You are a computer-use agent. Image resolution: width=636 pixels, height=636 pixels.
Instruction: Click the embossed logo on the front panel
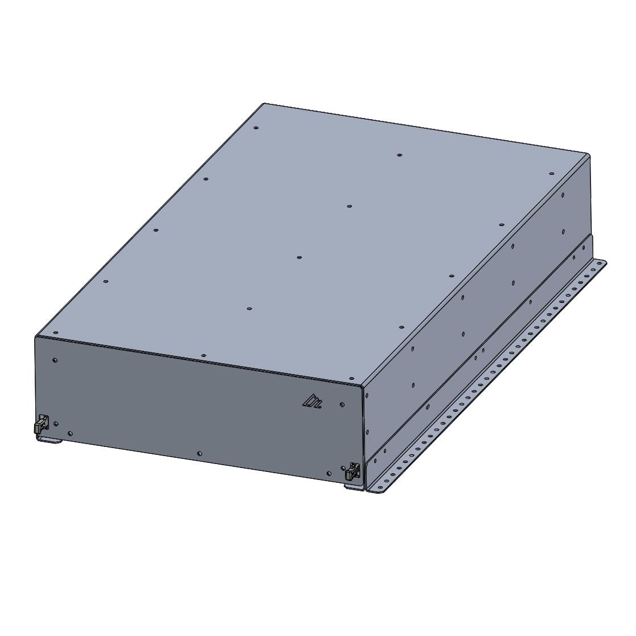click(312, 402)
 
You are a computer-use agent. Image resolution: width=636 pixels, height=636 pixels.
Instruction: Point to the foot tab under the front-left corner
click(50, 440)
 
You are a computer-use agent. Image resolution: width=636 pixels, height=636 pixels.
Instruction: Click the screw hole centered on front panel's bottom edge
click(199, 453)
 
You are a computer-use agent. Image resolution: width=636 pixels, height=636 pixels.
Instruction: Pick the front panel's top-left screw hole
click(55, 360)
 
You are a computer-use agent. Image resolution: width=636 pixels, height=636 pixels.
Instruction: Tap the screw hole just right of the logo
click(342, 405)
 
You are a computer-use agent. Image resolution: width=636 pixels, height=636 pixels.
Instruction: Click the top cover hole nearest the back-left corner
click(256, 128)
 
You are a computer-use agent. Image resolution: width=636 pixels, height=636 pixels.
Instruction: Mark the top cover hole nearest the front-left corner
click(55, 334)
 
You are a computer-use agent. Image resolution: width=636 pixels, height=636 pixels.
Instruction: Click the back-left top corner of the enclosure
click(264, 104)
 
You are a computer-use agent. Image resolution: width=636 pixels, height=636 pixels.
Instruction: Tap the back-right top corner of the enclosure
click(589, 154)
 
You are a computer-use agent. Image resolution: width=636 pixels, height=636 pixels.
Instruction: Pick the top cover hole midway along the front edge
click(204, 355)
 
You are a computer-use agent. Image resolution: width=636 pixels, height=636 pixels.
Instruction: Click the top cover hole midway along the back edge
click(400, 154)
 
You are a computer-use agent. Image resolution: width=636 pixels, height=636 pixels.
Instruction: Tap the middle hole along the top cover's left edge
click(155, 231)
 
